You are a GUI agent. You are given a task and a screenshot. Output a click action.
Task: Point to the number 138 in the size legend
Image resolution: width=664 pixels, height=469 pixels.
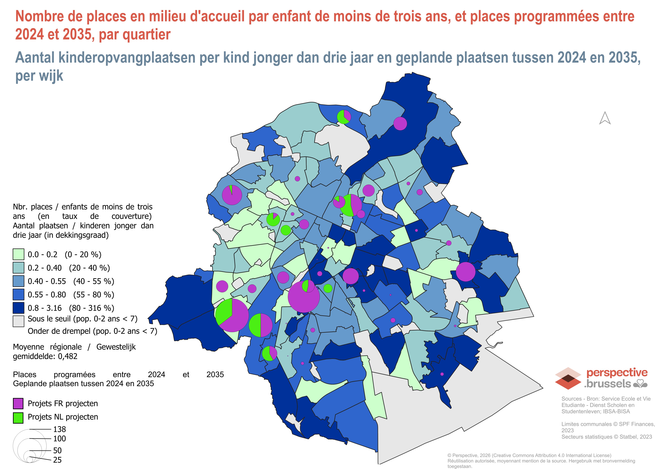coord(60,429)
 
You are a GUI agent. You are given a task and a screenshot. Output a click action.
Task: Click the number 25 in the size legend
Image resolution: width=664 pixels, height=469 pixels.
coord(57,460)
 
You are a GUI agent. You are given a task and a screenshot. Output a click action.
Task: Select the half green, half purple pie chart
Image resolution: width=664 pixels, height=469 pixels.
coord(261,325)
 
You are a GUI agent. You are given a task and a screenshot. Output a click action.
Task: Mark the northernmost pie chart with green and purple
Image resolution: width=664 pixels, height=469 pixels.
coord(344,117)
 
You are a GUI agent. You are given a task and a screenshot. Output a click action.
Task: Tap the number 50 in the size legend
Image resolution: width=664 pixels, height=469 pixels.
coord(57,450)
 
